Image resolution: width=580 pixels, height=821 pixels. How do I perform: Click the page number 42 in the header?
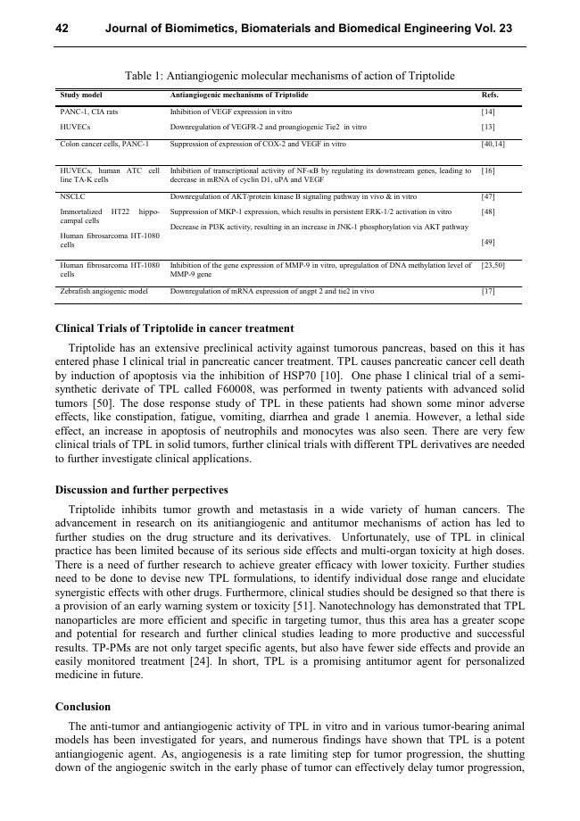62,29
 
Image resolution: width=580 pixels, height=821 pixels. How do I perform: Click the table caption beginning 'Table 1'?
290,76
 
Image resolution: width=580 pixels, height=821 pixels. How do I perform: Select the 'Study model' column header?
81,95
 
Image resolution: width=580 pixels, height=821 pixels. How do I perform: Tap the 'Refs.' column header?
490,95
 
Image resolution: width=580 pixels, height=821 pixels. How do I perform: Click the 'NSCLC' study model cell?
72,196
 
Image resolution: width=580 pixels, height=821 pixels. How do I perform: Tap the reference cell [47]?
488,196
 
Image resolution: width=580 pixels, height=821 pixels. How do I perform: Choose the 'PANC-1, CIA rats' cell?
88,112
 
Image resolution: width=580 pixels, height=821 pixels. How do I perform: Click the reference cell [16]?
488,170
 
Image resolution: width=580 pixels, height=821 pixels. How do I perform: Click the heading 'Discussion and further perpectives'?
142,490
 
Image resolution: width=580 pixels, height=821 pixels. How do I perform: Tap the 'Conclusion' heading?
83,706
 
